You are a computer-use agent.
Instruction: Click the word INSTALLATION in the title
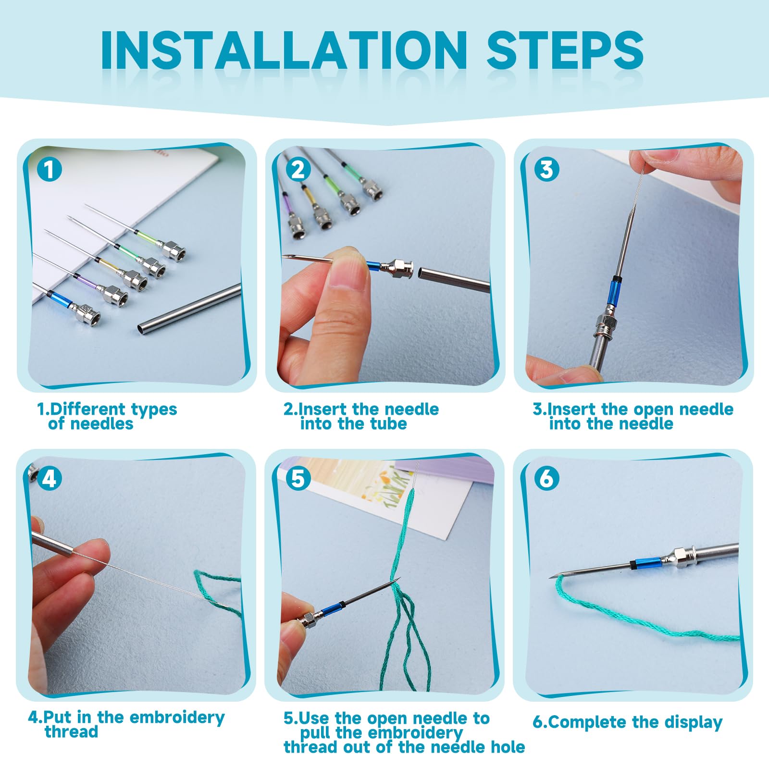pos(284,50)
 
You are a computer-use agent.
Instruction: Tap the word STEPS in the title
pos(565,50)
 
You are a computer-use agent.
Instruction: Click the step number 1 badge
pos(50,169)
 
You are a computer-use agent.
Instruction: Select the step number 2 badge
pos(298,169)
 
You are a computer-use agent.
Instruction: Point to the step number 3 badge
pos(546,169)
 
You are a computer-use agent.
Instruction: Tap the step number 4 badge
pos(50,479)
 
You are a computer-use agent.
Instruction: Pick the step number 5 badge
pos(298,479)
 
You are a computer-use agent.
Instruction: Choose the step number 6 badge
pos(546,479)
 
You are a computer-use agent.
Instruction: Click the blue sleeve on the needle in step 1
pos(62,300)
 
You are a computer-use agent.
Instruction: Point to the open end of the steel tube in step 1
pos(141,329)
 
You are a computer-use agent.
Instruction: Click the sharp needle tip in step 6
pos(551,577)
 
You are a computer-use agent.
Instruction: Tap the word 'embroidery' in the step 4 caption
pos(177,717)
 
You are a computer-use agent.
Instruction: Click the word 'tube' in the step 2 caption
pos(388,423)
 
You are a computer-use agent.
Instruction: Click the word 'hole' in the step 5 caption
pos(508,747)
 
